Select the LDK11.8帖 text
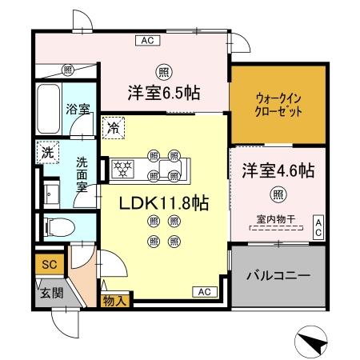(x=164, y=203)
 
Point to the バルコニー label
(x=278, y=275)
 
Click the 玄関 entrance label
(x=46, y=292)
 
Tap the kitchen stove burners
(x=125, y=168)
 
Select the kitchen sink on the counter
(x=170, y=169)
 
